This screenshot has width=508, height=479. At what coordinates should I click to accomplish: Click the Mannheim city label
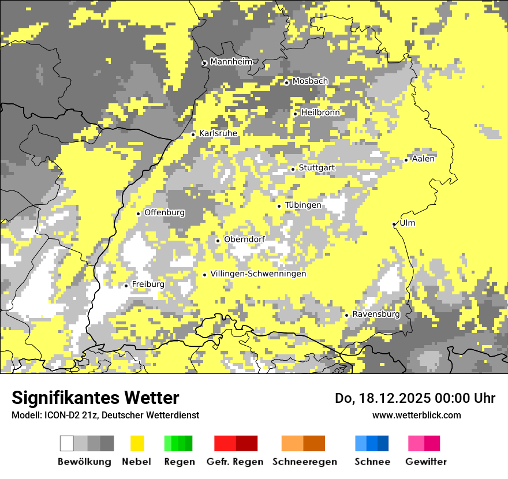click(231, 62)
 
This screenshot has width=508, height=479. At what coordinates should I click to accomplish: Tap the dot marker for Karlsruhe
click(193, 134)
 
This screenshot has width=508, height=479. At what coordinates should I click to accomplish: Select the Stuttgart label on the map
click(316, 168)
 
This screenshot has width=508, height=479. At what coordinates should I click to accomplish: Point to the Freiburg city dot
click(126, 286)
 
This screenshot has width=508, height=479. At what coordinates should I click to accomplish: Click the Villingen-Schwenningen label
click(258, 274)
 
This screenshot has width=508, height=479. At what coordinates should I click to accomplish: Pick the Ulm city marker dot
click(394, 224)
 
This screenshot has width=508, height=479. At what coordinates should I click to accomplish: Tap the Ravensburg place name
click(376, 315)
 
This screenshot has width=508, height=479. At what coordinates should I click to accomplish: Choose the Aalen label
click(423, 159)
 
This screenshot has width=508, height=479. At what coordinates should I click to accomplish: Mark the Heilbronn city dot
click(296, 114)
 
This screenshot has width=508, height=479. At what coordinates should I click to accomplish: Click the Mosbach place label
click(310, 81)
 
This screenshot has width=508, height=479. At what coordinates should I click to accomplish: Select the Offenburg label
click(165, 212)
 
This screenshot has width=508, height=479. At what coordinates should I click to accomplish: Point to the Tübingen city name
click(303, 205)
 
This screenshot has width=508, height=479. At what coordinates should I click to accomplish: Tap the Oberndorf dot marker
click(218, 241)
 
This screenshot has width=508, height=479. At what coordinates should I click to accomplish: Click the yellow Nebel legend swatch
click(137, 443)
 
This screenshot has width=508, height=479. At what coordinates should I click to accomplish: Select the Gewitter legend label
click(425, 462)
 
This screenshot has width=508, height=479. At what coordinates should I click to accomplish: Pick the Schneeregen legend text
click(305, 462)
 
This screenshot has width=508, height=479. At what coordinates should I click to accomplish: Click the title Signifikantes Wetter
click(95, 398)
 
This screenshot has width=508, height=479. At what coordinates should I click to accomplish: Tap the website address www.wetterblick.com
click(416, 415)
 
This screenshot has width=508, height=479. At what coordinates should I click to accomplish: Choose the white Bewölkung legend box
click(67, 443)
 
